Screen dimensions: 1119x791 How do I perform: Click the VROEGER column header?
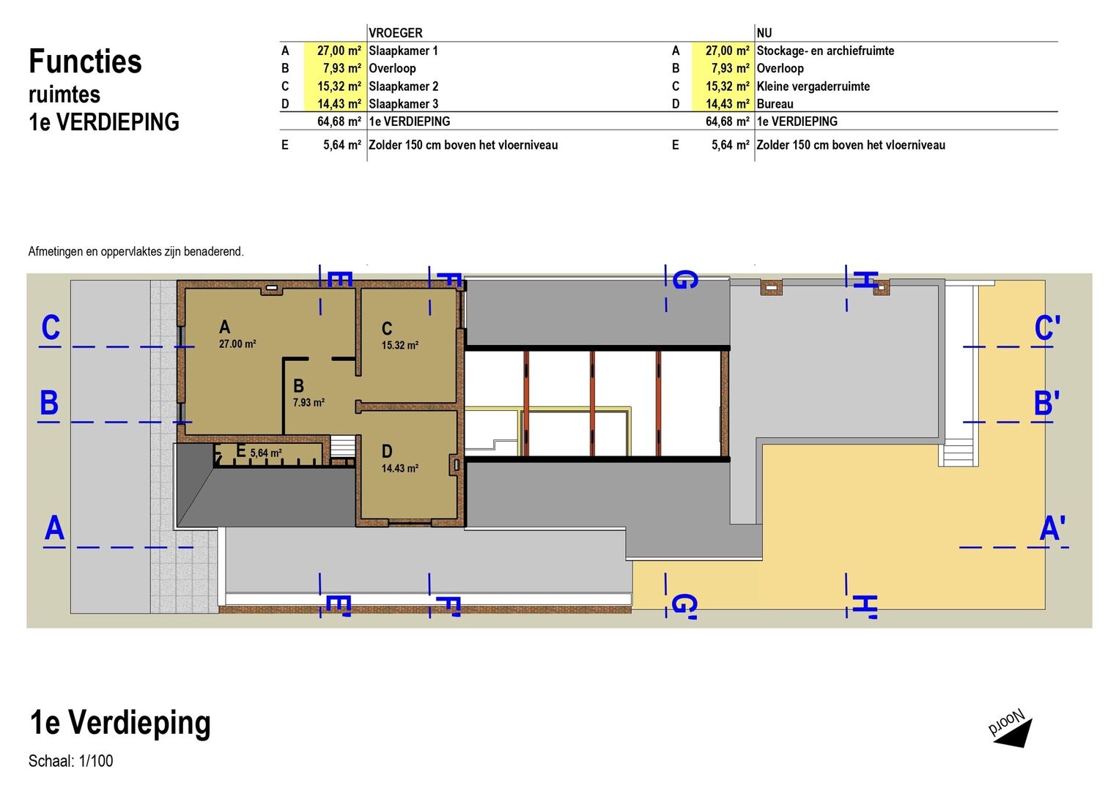pos(395,33)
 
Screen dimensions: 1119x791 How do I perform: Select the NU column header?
pos(764,33)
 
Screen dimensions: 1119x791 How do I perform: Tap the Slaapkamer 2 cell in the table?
pos(403,86)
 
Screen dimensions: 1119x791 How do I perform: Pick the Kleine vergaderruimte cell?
pos(813,86)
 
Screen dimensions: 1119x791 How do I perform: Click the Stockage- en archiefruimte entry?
pos(825,51)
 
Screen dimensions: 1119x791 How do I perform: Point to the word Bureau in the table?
pos(775,104)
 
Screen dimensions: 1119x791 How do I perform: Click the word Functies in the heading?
pos(86,62)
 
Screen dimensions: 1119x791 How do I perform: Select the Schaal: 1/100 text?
pos(70,760)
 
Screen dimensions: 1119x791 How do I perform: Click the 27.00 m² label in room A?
pos(237,343)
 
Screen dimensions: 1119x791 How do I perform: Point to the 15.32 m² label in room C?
pos(399,345)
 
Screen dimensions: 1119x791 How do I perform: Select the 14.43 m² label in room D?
pos(399,469)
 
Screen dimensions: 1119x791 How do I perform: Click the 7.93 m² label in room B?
pos(309,402)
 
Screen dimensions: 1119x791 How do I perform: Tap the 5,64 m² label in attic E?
pos(266,453)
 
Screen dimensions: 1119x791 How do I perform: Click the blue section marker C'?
pos(1047,329)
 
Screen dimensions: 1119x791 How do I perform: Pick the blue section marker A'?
pos(1052,529)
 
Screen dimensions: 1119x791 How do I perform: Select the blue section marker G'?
pos(684,605)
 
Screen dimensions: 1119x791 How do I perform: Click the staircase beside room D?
pos(342,446)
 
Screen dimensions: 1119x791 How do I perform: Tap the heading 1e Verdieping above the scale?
pos(120,723)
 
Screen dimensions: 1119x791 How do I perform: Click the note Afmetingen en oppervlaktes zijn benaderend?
pos(136,251)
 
